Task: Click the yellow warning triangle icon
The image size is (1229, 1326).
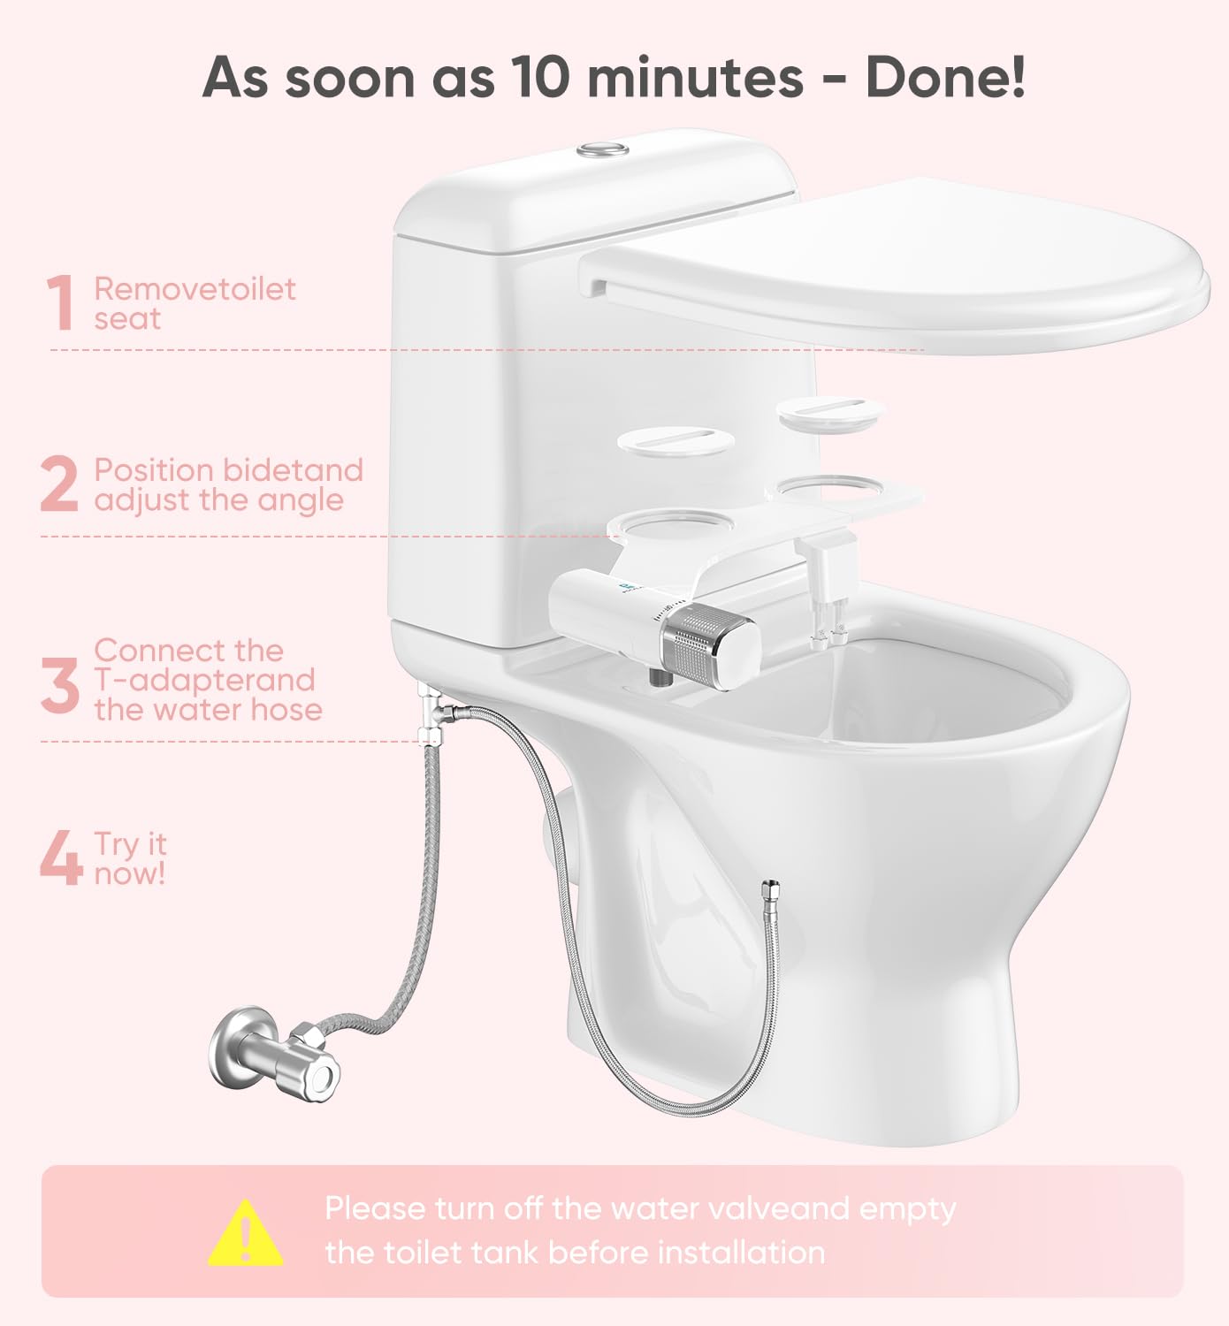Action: [x=246, y=1233]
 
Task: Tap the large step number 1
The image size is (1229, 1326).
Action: [x=61, y=303]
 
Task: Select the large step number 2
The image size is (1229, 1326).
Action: [x=59, y=484]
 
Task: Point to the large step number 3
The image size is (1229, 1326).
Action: [x=60, y=684]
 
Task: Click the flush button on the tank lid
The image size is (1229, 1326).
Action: [x=603, y=149]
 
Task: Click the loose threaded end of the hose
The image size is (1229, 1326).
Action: [x=771, y=888]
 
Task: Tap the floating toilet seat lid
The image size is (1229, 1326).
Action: [x=893, y=265]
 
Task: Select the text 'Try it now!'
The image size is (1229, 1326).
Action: [x=130, y=858]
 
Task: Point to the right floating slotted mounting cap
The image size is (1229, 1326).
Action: [x=830, y=412]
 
